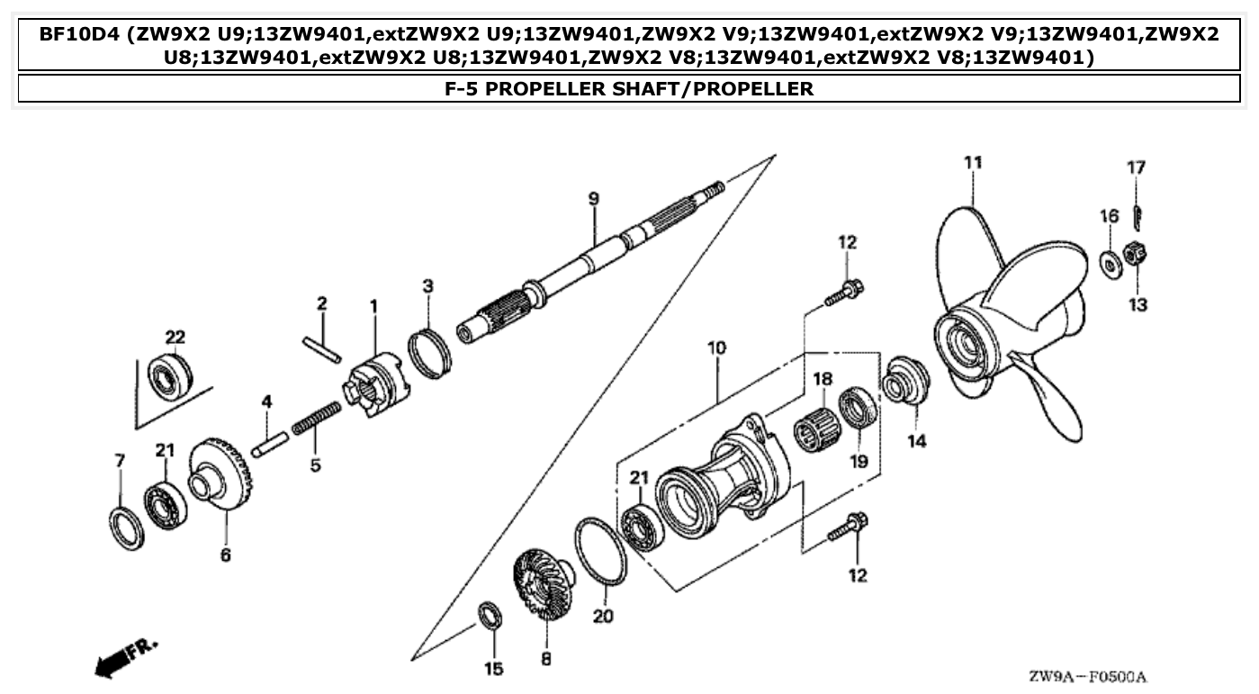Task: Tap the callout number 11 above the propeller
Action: coord(972,163)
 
